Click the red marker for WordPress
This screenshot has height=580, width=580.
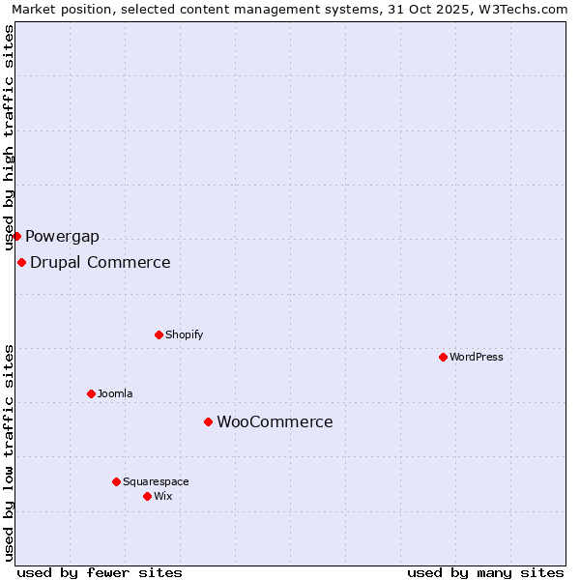tap(443, 357)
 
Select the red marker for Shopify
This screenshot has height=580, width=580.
tap(159, 334)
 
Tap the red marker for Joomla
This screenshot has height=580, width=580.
tap(91, 393)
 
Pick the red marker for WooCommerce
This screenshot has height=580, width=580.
tap(208, 421)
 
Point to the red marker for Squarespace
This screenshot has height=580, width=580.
tap(116, 481)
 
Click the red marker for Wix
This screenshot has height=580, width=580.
tap(147, 496)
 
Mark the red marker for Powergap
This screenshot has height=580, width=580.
tap(16, 236)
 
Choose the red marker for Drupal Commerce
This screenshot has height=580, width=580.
tap(21, 262)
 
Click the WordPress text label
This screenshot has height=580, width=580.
tap(477, 357)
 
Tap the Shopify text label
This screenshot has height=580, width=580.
tap(185, 334)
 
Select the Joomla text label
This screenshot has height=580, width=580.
tap(115, 393)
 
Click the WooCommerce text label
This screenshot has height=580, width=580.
tap(275, 421)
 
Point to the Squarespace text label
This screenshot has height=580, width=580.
tap(156, 481)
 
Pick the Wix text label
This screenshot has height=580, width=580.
tap(163, 496)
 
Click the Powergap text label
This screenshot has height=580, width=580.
tap(62, 236)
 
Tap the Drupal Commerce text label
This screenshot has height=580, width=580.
tap(101, 262)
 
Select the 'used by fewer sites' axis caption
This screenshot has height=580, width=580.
tap(100, 572)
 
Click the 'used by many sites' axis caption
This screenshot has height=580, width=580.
tap(485, 572)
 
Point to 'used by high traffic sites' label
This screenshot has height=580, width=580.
tap(9, 137)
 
